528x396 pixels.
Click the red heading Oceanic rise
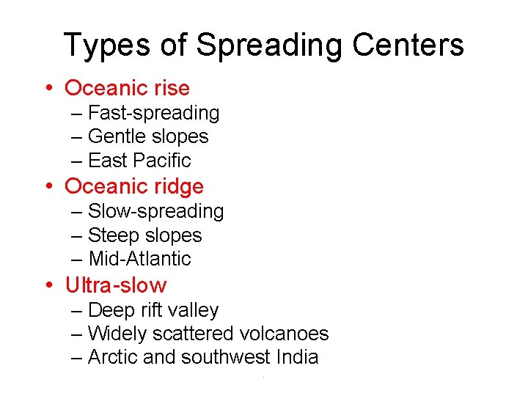(x=127, y=88)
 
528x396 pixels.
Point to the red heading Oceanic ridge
(x=134, y=186)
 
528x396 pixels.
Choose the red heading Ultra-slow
(x=116, y=285)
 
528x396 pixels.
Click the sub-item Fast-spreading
(x=153, y=113)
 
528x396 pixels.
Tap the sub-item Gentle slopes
(x=148, y=136)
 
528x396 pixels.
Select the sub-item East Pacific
(x=139, y=160)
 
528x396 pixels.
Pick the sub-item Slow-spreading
(x=155, y=211)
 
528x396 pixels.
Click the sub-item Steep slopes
(x=144, y=235)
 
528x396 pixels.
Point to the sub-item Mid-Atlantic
(x=139, y=259)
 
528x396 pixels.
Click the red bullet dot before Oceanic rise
(x=48, y=89)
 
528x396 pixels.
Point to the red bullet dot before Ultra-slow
(x=48, y=285)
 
